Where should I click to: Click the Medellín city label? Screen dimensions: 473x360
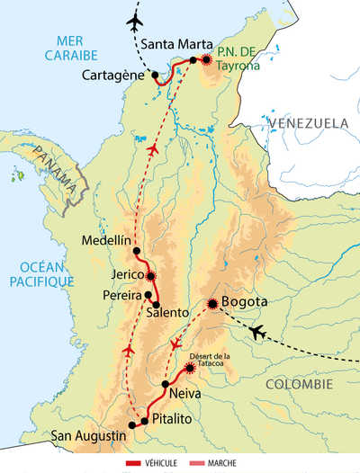(x=102, y=240)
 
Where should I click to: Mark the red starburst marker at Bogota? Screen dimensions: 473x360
(x=213, y=304)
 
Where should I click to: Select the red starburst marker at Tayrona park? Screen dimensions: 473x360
(x=208, y=59)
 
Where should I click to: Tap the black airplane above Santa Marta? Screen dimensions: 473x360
(x=136, y=20)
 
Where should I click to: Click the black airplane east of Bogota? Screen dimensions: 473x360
(x=257, y=333)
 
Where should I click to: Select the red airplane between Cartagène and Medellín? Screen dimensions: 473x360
(x=153, y=149)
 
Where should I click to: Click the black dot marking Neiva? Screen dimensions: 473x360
(x=165, y=384)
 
